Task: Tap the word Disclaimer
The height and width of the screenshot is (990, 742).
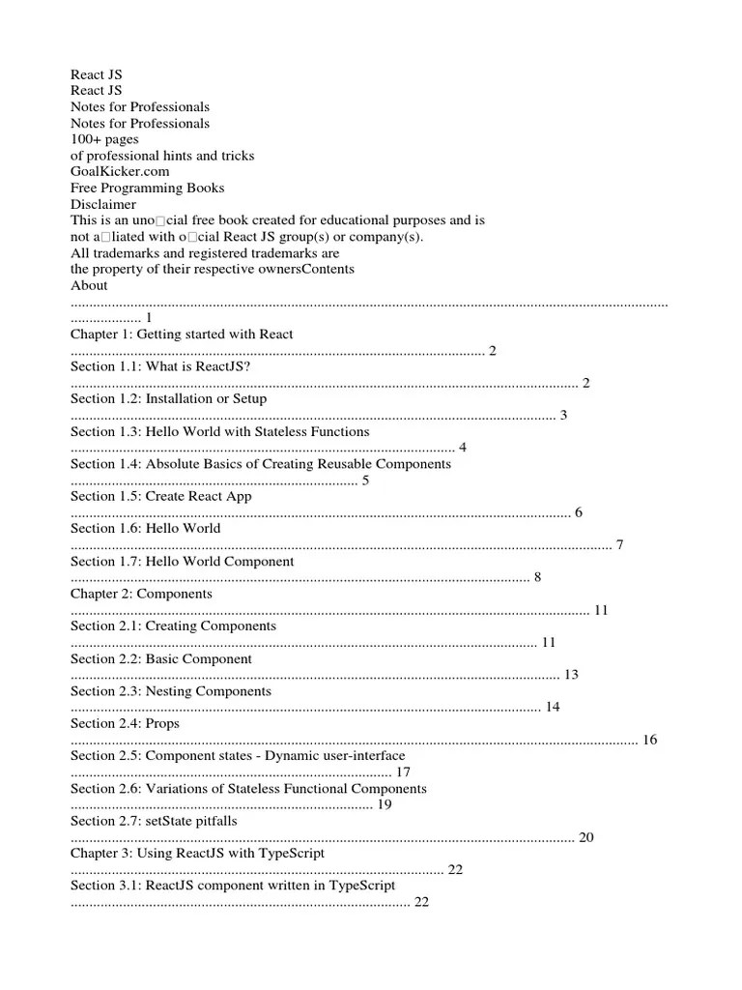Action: pyautogui.click(x=103, y=204)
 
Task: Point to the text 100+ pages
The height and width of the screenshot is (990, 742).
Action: pyautogui.click(x=104, y=139)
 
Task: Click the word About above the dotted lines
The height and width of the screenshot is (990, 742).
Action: pyautogui.click(x=89, y=285)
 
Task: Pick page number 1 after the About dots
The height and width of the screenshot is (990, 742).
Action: pyautogui.click(x=149, y=318)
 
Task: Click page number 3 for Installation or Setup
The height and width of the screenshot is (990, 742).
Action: pyautogui.click(x=563, y=415)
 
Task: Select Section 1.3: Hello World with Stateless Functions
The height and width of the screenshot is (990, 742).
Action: pyautogui.click(x=219, y=431)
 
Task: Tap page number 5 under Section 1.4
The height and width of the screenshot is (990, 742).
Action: pyautogui.click(x=365, y=480)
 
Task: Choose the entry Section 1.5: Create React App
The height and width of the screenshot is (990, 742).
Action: pyautogui.click(x=160, y=496)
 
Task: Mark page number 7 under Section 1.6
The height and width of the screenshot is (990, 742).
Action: pyautogui.click(x=619, y=545)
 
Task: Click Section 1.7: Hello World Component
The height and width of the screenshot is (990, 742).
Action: pyautogui.click(x=182, y=561)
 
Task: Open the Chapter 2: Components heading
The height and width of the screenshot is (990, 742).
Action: pyautogui.click(x=141, y=594)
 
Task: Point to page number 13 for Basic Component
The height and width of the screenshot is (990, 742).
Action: pyautogui.click(x=571, y=675)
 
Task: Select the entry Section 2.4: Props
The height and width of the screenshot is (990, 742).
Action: pyautogui.click(x=125, y=723)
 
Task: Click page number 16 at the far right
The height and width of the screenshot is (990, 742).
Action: pyautogui.click(x=649, y=740)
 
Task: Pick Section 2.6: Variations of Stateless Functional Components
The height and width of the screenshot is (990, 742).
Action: pyautogui.click(x=248, y=788)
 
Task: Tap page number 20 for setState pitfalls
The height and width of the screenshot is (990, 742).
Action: pyautogui.click(x=585, y=837)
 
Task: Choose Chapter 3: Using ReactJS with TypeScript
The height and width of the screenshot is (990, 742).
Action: pyautogui.click(x=197, y=854)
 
